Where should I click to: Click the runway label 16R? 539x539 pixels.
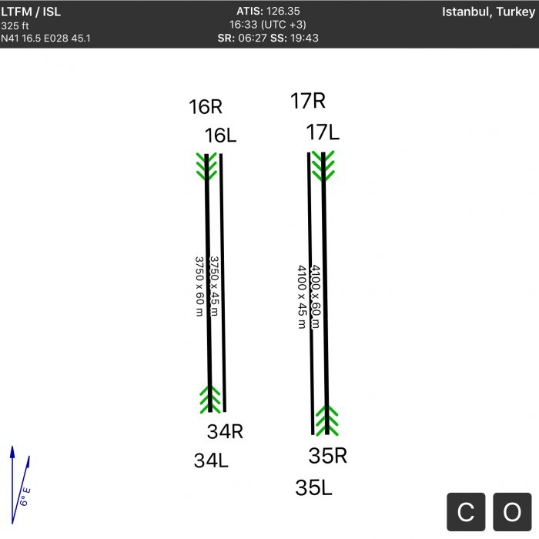coord(206,106)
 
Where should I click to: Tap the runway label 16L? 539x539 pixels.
coord(220,135)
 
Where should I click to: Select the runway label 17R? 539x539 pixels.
coord(308,101)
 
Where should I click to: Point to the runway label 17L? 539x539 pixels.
coord(323,132)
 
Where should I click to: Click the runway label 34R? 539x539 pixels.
coord(225,431)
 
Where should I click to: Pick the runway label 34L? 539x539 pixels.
coord(211,460)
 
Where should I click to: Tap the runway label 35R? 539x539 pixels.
coord(327,456)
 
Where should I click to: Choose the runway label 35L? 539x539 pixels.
coord(313,487)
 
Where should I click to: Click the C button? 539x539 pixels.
coord(466,512)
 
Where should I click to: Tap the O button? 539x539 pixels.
coord(512,512)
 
